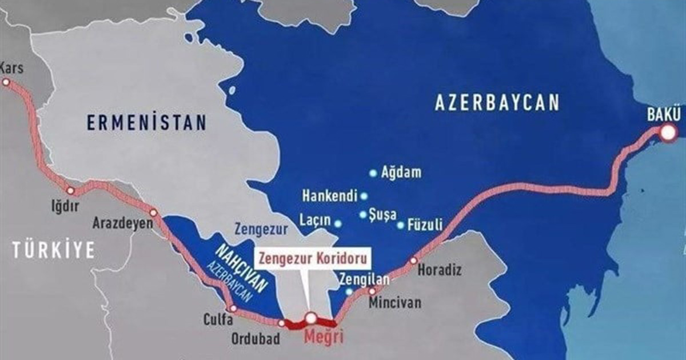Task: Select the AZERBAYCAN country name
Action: (496, 103)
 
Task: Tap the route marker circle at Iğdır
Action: (71, 191)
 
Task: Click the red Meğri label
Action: (324, 337)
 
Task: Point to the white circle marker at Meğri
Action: (310, 318)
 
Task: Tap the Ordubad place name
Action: (256, 339)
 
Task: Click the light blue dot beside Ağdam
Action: (373, 172)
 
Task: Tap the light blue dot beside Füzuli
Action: (401, 225)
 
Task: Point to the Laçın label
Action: (314, 220)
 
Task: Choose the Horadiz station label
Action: (440, 269)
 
